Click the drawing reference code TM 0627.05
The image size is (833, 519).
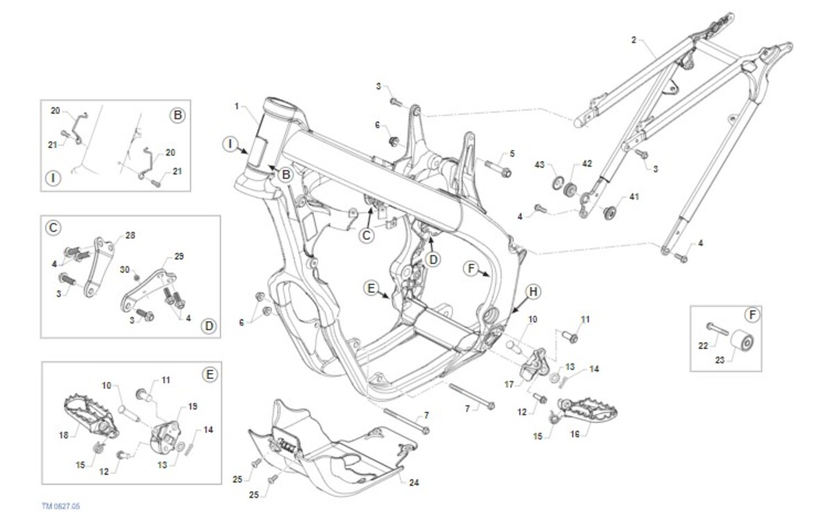(x=60, y=507)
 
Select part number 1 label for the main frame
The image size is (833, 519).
(x=237, y=107)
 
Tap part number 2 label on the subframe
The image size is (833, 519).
(x=633, y=40)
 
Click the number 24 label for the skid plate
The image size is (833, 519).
(x=414, y=482)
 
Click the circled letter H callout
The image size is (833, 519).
(x=532, y=292)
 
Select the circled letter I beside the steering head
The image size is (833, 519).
(x=230, y=144)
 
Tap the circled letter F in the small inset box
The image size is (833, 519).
(x=752, y=315)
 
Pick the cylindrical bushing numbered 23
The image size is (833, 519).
(x=743, y=343)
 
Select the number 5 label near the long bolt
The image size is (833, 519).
(x=512, y=153)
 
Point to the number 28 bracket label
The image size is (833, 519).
(x=131, y=235)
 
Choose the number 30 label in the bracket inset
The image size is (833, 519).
(x=125, y=269)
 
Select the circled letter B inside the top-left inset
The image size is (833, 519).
(x=178, y=115)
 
